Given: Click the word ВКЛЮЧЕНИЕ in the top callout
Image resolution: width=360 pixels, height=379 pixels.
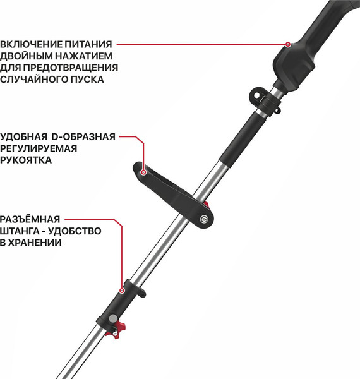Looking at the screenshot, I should click(31, 45).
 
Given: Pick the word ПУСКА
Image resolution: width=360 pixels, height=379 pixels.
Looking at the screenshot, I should click(89, 80).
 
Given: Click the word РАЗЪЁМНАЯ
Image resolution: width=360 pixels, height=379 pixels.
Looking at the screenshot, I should click(31, 219).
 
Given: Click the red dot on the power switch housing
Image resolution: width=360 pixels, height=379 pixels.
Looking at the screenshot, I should click(288, 45).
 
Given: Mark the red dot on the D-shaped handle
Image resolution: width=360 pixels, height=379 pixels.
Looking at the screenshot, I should click(144, 171).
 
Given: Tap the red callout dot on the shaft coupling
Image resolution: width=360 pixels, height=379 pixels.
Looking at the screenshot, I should click(122, 291).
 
